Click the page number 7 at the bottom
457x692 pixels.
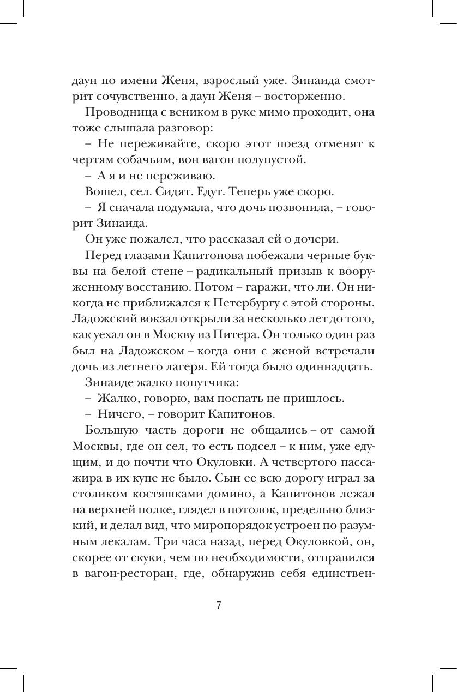[218, 606]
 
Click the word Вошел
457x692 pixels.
[102, 192]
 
